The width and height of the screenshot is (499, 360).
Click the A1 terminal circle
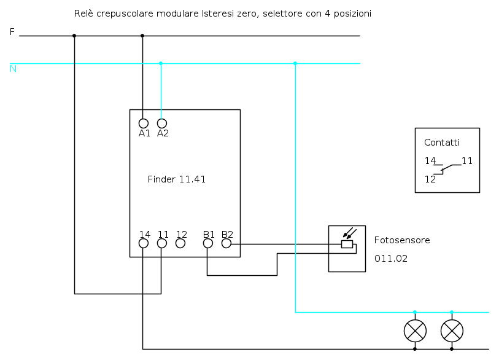tap(144, 123)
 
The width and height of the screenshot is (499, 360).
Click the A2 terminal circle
tap(162, 123)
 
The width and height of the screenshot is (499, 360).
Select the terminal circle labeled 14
tap(144, 243)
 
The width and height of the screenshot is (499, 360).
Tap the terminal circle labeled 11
tap(162, 243)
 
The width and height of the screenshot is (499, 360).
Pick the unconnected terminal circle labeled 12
tap(180, 243)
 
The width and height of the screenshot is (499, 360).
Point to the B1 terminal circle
tap(208, 243)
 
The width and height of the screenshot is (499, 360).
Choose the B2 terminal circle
tap(226, 243)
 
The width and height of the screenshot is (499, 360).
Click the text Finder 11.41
tap(177, 179)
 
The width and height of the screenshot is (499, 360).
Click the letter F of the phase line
tap(12, 32)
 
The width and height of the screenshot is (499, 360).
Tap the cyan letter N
tap(13, 69)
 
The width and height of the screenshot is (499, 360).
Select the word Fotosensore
tap(402, 240)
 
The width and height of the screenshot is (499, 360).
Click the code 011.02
tap(391, 259)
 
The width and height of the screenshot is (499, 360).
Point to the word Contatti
tap(441, 143)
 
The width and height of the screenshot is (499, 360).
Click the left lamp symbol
tap(415, 331)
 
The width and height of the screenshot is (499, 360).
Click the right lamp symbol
tap(452, 331)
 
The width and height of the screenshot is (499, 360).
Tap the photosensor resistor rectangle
tap(347, 244)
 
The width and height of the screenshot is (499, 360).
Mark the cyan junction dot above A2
tap(161, 63)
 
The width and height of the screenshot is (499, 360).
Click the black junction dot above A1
tap(142, 36)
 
